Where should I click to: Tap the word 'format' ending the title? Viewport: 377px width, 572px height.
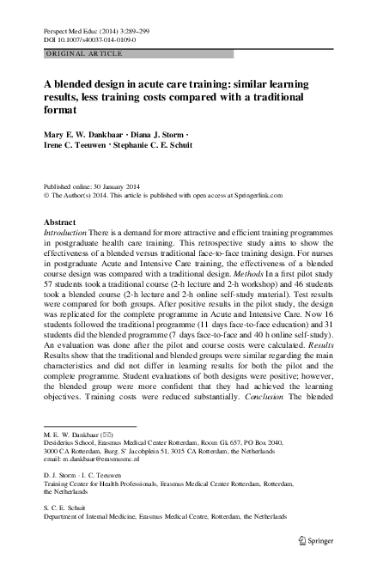(x=58, y=111)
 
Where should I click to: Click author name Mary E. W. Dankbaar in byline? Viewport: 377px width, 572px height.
(x=86, y=134)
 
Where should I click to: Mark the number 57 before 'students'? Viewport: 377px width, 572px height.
(x=48, y=300)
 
